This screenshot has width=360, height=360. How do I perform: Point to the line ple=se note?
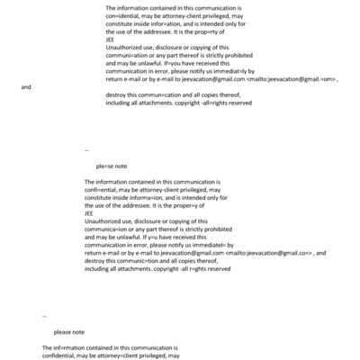[x=112, y=166]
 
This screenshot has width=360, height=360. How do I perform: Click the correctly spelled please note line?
[x=69, y=332]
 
